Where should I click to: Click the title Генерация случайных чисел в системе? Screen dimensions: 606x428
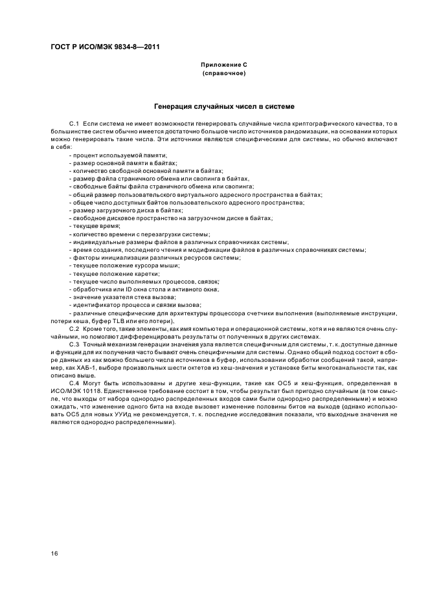[225, 106]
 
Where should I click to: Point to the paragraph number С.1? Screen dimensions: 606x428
[74, 123]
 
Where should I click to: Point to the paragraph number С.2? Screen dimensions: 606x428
[74, 329]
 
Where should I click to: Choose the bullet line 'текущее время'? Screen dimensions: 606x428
[96, 225]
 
